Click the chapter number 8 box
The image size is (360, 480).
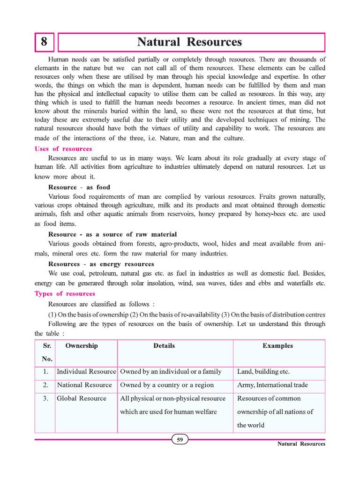(x=44, y=42)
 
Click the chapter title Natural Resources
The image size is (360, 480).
(x=189, y=42)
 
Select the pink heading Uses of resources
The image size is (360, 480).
(x=63, y=149)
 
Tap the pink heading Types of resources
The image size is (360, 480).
(x=65, y=294)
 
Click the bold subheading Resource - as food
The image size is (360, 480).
(x=79, y=187)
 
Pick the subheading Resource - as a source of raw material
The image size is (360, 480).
(x=112, y=234)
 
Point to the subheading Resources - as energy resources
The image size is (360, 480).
(x=101, y=264)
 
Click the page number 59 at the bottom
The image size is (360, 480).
(x=180, y=440)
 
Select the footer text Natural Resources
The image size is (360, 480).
(x=301, y=444)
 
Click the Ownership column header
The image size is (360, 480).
(x=82, y=346)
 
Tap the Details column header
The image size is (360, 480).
(x=164, y=346)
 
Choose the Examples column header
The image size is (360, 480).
(x=277, y=346)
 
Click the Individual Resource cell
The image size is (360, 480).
(x=86, y=372)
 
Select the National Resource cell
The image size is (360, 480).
(x=84, y=385)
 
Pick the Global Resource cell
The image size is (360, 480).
(x=82, y=399)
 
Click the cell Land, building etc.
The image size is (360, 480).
(x=263, y=372)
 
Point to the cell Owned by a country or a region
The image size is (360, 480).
(x=167, y=385)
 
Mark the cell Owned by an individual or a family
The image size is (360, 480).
(x=171, y=372)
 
